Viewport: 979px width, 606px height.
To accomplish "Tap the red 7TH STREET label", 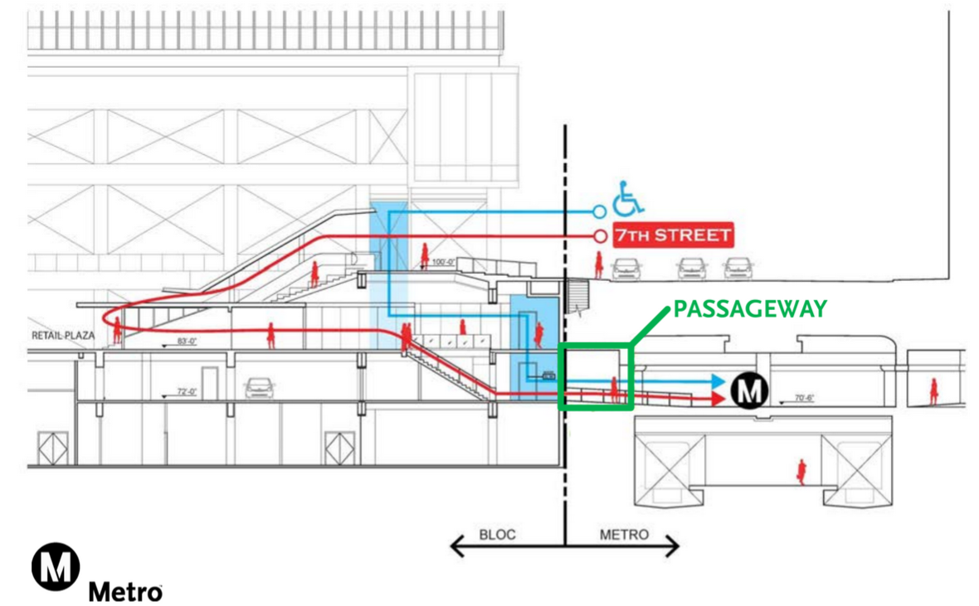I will [673, 235].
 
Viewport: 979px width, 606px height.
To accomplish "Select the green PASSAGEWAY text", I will [750, 309].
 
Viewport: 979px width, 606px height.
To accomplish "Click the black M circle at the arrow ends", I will [749, 390].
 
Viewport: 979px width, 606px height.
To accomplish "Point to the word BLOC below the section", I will [498, 535].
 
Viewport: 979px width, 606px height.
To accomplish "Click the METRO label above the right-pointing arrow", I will [623, 535].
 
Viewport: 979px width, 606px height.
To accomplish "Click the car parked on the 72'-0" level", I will [260, 388].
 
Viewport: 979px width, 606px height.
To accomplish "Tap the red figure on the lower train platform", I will [801, 472].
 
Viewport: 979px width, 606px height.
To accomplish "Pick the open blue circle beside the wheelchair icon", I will [600, 211].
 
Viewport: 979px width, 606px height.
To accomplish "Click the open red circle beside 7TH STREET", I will [600, 235].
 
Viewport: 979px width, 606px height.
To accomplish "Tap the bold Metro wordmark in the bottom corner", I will [125, 591].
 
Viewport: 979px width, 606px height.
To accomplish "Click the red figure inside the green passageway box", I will [615, 389].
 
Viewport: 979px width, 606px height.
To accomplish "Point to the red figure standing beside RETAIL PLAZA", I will [117, 331].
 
